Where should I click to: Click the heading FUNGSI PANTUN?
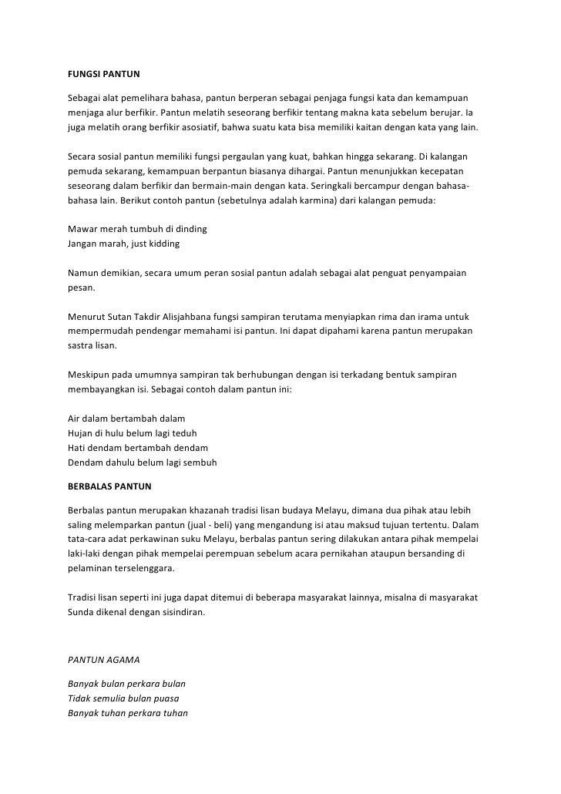103,76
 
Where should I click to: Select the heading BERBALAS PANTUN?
109,487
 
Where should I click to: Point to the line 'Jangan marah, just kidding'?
124,244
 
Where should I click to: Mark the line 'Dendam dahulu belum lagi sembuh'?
143,463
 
